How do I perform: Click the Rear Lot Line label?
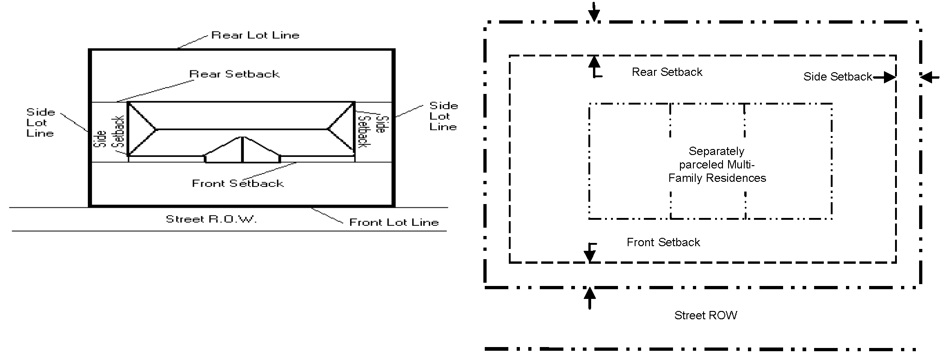[x=255, y=35]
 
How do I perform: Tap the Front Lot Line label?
[x=394, y=223]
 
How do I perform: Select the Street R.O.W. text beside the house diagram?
[x=211, y=219]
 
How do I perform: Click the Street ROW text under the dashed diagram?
[x=705, y=316]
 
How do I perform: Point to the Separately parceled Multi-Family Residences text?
[x=717, y=165]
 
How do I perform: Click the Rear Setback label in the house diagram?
[x=235, y=74]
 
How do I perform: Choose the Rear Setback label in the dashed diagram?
[x=667, y=72]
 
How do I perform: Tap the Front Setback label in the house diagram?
[x=238, y=184]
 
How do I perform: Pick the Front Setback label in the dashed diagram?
[x=663, y=242]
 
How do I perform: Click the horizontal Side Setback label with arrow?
[x=838, y=77]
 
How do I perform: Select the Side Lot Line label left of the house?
[x=40, y=123]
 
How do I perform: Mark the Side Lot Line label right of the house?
[x=443, y=116]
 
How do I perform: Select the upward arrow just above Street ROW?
[x=589, y=298]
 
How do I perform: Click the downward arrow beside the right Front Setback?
[x=590, y=252]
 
